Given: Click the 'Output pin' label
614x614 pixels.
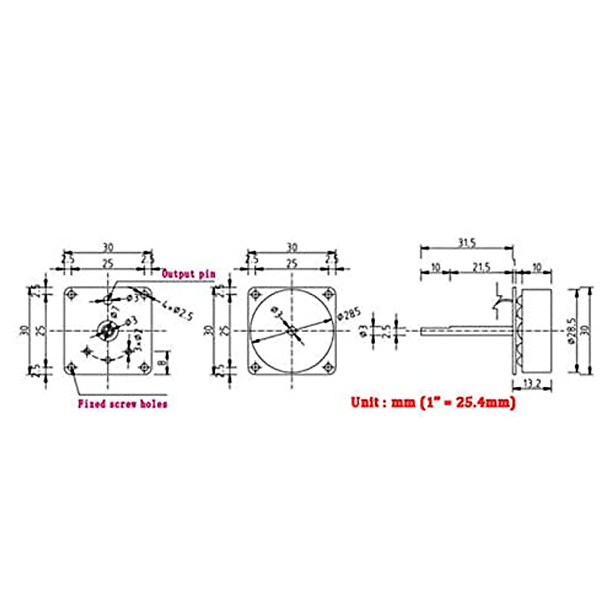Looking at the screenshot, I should click(188, 274).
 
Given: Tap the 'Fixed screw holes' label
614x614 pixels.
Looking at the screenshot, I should click(122, 404).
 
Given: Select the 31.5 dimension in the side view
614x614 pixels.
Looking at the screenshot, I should click(467, 243).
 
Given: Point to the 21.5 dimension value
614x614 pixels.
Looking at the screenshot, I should click(481, 267).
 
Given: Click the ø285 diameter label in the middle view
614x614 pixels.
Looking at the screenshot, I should click(349, 313).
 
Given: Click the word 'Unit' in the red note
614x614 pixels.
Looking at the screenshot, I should click(365, 402).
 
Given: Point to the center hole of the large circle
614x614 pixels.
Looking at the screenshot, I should click(291, 331).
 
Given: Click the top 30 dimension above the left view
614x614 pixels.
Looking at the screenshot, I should click(108, 248).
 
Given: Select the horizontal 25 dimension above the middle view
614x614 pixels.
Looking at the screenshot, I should click(292, 264).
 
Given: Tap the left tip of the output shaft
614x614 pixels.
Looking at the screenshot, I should click(422, 331).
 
